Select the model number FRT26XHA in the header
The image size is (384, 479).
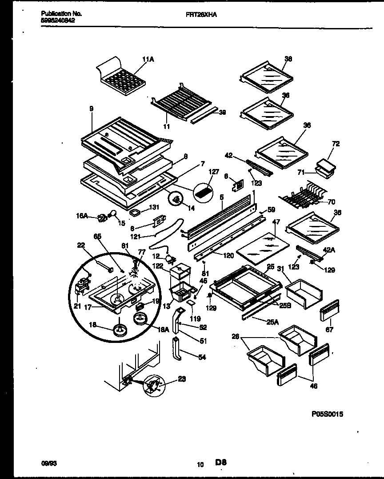click(198, 14)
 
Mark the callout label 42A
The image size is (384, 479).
click(329, 250)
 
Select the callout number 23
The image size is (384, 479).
click(182, 379)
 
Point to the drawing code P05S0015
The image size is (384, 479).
click(327, 414)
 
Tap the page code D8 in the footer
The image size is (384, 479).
click(221, 463)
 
